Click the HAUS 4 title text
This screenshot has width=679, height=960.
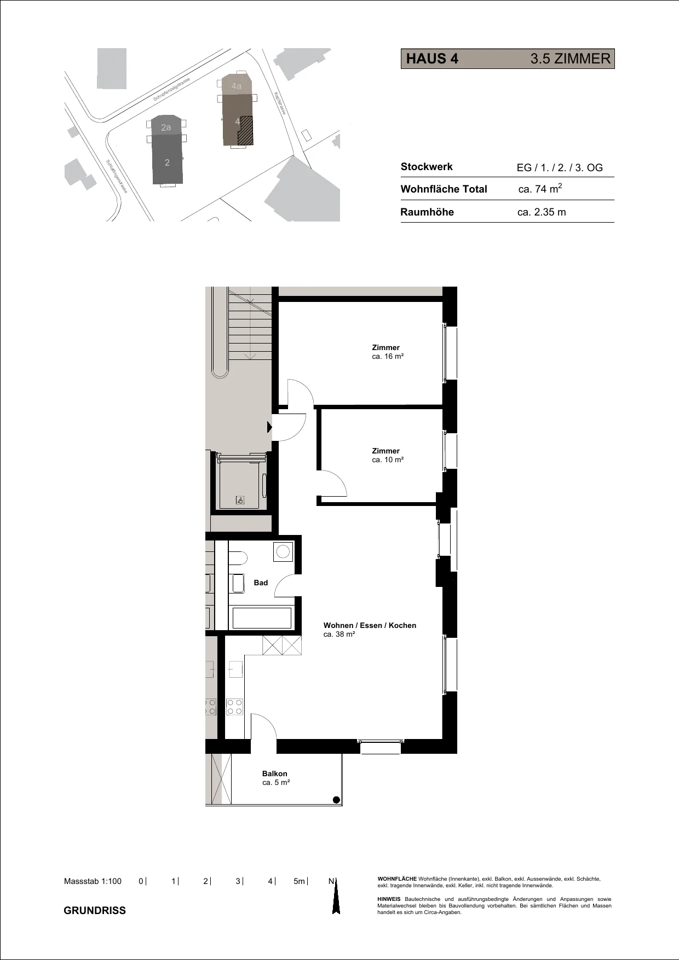point(432,59)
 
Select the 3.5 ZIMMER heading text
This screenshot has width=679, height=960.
point(570,59)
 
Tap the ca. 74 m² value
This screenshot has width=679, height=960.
point(540,189)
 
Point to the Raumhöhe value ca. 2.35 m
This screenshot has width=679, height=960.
point(542,212)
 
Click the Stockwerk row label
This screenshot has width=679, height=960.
point(427,167)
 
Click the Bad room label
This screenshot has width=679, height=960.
point(261,583)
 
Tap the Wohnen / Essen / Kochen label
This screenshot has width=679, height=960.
point(370,625)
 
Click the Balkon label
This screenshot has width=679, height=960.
point(275,773)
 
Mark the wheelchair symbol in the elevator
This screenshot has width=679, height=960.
point(240,500)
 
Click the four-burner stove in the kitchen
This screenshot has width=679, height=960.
point(235,707)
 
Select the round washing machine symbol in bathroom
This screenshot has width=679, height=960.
point(283,551)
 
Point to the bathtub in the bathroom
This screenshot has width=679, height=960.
point(262,618)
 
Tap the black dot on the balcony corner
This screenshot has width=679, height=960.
point(337,800)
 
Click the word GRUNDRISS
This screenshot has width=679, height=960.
point(95,910)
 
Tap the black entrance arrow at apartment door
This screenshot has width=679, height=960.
point(269,427)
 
